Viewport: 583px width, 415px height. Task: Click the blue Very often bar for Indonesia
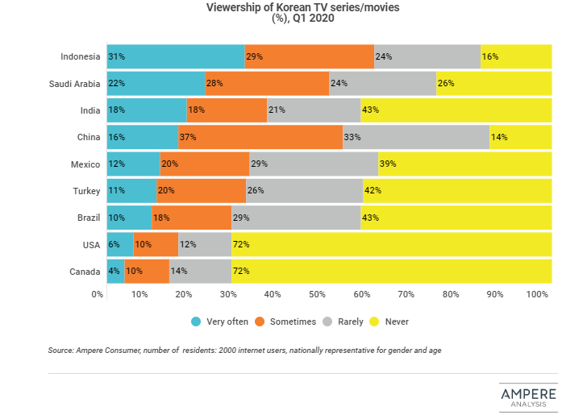point(176,56)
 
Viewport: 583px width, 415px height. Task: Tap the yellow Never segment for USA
point(391,244)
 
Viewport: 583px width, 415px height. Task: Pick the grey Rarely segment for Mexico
point(314,164)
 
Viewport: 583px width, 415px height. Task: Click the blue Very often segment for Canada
point(116,271)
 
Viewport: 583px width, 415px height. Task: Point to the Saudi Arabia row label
point(73,83)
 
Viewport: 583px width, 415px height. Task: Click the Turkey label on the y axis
point(85,191)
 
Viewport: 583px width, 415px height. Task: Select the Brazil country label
point(87,218)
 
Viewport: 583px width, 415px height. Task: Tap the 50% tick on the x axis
point(317,295)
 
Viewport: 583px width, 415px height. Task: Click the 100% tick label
point(537,295)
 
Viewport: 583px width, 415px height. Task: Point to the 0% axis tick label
point(98,295)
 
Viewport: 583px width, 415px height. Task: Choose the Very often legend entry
point(219,322)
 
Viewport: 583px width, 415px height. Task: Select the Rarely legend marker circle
point(327,322)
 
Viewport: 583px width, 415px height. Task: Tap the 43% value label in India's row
point(371,110)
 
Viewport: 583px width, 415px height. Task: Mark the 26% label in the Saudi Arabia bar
point(446,83)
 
